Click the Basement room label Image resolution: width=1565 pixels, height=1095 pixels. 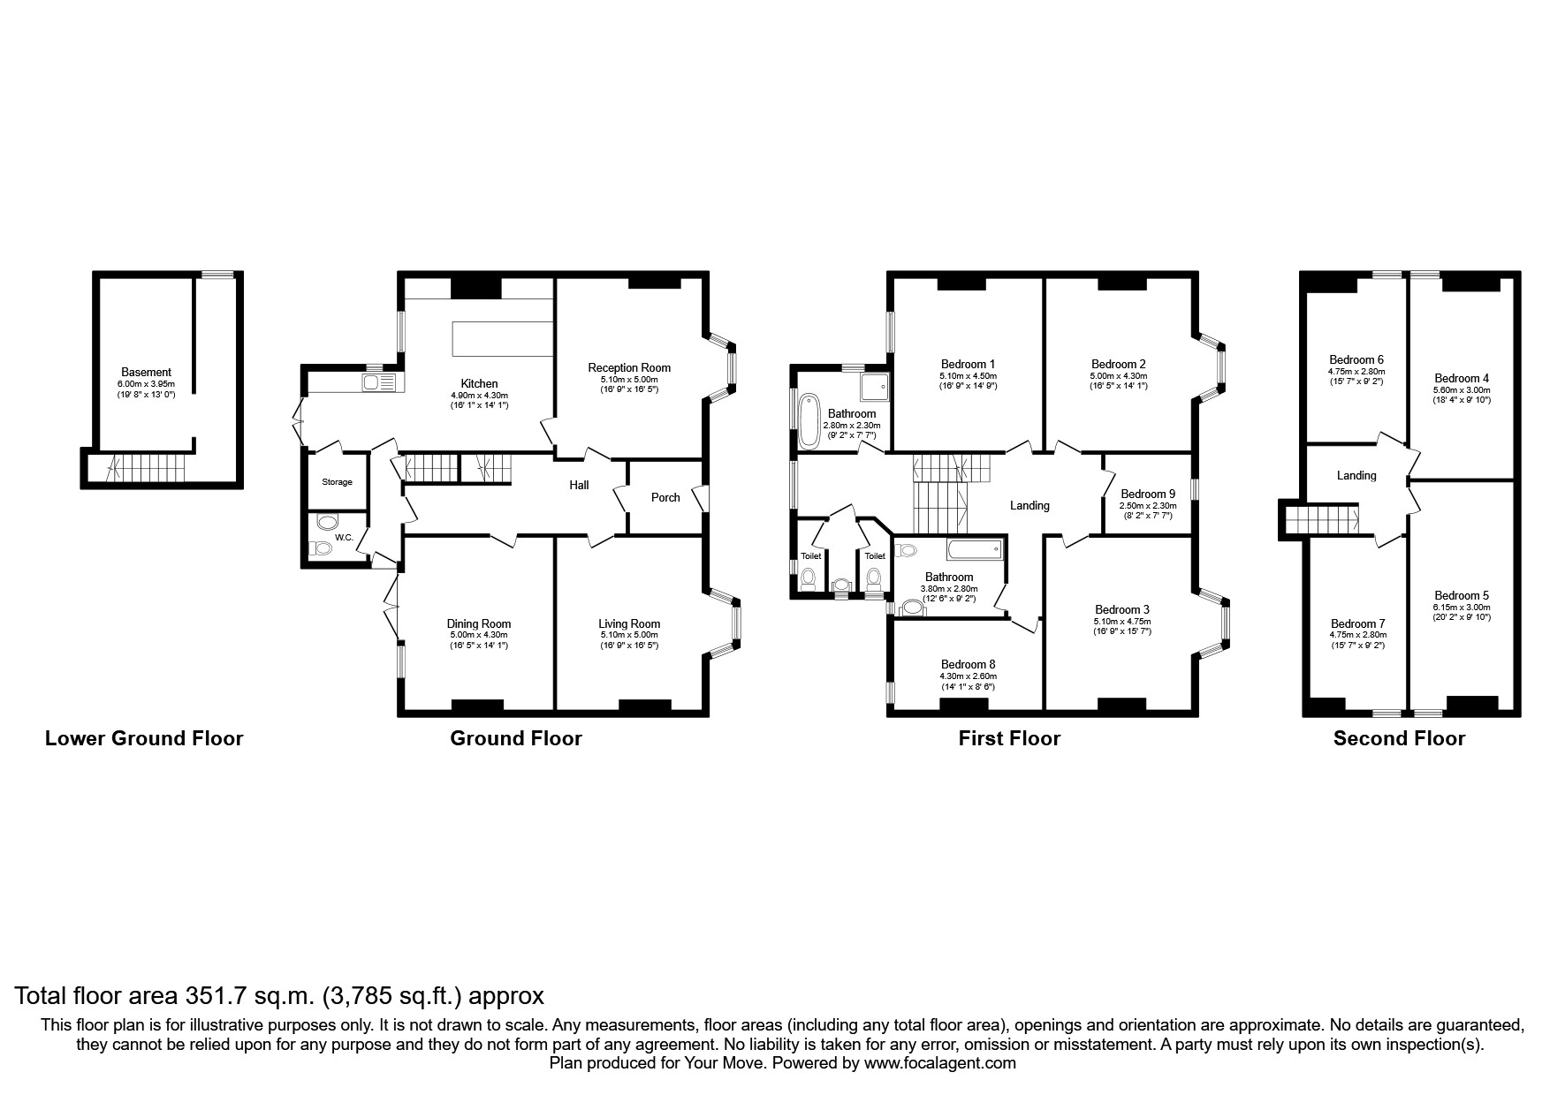pyautogui.click(x=146, y=372)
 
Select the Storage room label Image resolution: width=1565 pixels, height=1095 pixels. pyautogui.click(x=337, y=482)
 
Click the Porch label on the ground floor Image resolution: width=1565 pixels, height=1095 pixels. pyautogui.click(x=665, y=497)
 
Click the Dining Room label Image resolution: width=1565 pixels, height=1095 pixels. pyautogui.click(x=478, y=623)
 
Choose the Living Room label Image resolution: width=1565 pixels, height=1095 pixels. pyautogui.click(x=629, y=623)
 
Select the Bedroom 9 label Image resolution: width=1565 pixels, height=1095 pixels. pyautogui.click(x=1147, y=494)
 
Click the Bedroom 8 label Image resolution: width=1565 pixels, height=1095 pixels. pyautogui.click(x=968, y=664)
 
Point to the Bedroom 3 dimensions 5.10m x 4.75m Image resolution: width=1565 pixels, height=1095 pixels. pyautogui.click(x=1122, y=621)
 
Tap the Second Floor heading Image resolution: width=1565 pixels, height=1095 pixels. pyautogui.click(x=1398, y=738)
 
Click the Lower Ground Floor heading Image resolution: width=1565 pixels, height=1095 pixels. pyautogui.click(x=144, y=738)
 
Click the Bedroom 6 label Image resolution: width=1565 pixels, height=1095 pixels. pyautogui.click(x=1356, y=359)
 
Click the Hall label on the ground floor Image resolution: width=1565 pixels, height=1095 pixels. pyautogui.click(x=579, y=485)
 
